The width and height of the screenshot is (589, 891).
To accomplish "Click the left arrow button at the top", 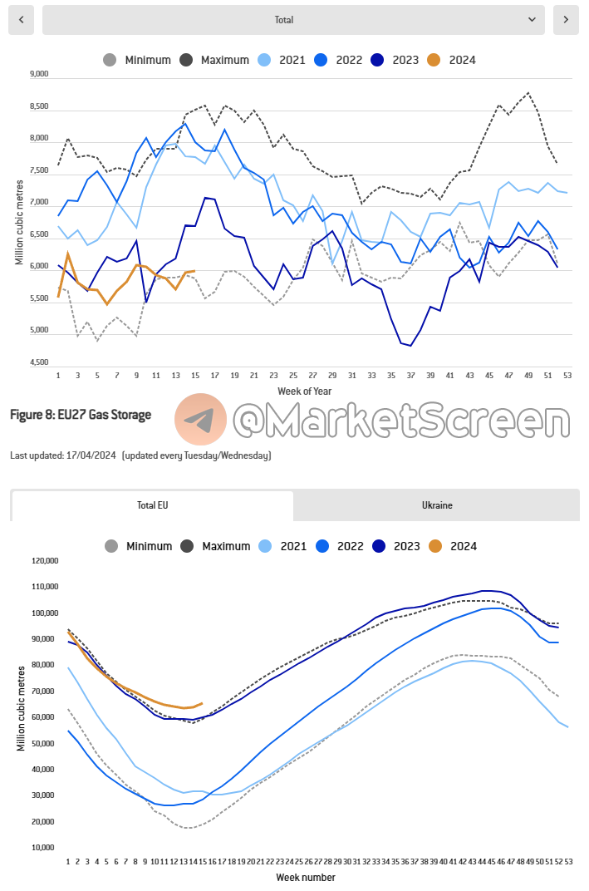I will (21, 20).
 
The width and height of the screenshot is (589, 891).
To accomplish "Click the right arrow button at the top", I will (566, 20).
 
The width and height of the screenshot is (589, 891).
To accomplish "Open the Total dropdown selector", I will (293, 20).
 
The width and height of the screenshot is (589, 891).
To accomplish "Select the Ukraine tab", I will (437, 505).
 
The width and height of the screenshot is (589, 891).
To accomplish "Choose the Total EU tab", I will (152, 505).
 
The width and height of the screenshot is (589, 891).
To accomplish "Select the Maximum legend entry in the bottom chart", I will (214, 546).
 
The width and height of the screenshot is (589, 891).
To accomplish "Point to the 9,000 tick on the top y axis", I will (39, 74).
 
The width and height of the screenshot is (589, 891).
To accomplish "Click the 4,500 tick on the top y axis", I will (39, 362).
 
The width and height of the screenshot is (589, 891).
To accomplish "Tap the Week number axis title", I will (307, 877).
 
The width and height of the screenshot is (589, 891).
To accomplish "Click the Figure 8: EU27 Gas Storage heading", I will (81, 415).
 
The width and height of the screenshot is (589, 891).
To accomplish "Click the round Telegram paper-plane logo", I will (200, 419).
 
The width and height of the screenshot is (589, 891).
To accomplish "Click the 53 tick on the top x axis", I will (567, 376).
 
